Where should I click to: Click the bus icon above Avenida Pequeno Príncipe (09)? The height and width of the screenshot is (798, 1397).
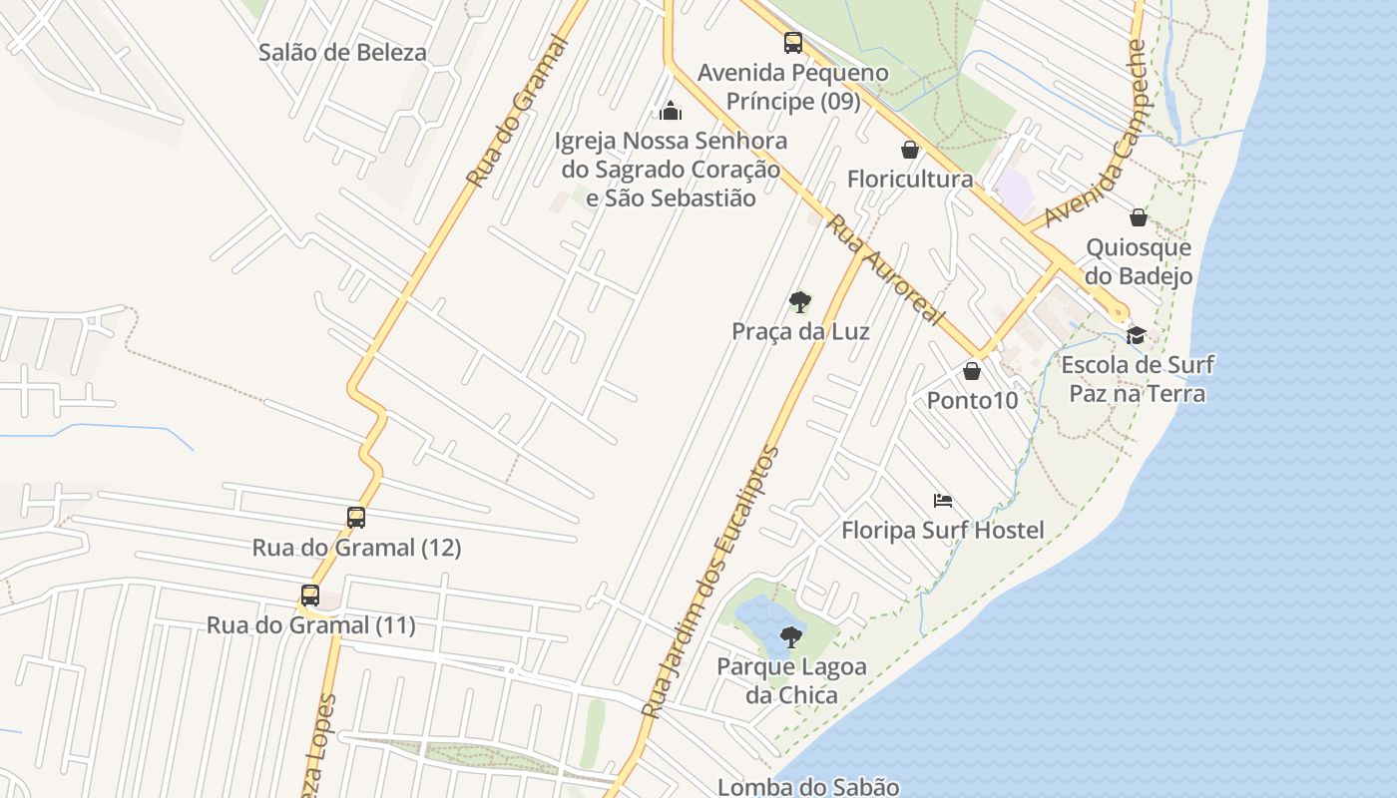tap(793, 43)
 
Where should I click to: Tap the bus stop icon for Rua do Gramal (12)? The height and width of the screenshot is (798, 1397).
tap(356, 518)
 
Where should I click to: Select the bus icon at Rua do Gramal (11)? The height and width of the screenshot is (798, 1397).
tap(310, 596)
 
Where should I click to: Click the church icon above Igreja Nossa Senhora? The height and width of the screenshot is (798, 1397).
tap(671, 110)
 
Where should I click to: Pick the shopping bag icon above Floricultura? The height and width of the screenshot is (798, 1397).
tap(910, 151)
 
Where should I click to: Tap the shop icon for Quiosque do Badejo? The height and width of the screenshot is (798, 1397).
tap(1139, 217)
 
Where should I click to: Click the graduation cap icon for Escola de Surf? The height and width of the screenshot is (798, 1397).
tap(1136, 335)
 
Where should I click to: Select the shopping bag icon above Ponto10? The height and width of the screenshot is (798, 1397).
tap(972, 372)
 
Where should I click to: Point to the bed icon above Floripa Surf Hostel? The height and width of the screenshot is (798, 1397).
tap(943, 501)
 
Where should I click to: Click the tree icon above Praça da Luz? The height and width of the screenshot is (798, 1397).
tap(799, 301)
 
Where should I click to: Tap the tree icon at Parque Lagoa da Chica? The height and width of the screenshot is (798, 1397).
tap(791, 635)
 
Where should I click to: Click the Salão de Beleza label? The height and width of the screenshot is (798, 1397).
tap(342, 53)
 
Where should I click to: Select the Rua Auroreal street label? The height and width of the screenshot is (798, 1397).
tap(886, 270)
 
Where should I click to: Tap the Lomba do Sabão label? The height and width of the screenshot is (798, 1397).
tap(808, 787)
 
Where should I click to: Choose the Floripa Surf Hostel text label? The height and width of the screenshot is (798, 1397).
tap(943, 530)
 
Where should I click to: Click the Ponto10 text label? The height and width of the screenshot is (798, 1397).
tap(973, 401)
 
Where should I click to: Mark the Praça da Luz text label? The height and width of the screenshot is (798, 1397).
tap(800, 331)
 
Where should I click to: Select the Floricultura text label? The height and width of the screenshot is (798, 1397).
tap(910, 180)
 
